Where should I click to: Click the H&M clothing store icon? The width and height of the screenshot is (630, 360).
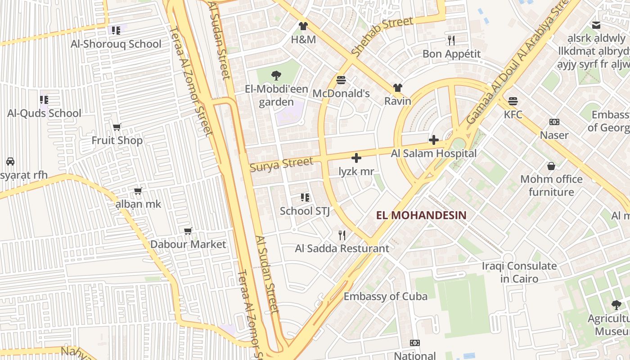(x=303, y=26)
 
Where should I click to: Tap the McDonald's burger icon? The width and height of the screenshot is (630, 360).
(x=341, y=80)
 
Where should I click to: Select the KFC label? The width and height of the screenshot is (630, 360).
(x=513, y=114)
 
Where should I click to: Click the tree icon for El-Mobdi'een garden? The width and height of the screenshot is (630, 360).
(x=276, y=76)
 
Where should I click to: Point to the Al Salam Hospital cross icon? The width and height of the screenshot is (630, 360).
(x=434, y=140)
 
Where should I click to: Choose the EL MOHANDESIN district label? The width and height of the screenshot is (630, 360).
(x=421, y=215)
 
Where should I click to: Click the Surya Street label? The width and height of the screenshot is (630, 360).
(x=281, y=164)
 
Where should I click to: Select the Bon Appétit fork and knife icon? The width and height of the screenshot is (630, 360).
(x=451, y=40)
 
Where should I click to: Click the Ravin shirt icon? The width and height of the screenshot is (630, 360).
(x=397, y=87)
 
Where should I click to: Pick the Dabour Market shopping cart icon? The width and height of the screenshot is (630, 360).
(x=188, y=231)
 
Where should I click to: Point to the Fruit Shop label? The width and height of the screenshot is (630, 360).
(x=117, y=140)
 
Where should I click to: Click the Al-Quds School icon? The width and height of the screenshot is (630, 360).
(x=44, y=99)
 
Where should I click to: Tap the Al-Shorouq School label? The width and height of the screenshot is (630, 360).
(x=116, y=44)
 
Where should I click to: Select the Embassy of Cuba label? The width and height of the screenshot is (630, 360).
(x=386, y=297)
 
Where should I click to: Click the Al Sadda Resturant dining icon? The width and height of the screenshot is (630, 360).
(x=342, y=235)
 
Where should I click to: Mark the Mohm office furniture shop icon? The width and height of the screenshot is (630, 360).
(x=551, y=166)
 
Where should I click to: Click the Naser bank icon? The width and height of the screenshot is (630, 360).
(x=554, y=122)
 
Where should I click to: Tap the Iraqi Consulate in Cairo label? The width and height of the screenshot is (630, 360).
(x=519, y=272)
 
